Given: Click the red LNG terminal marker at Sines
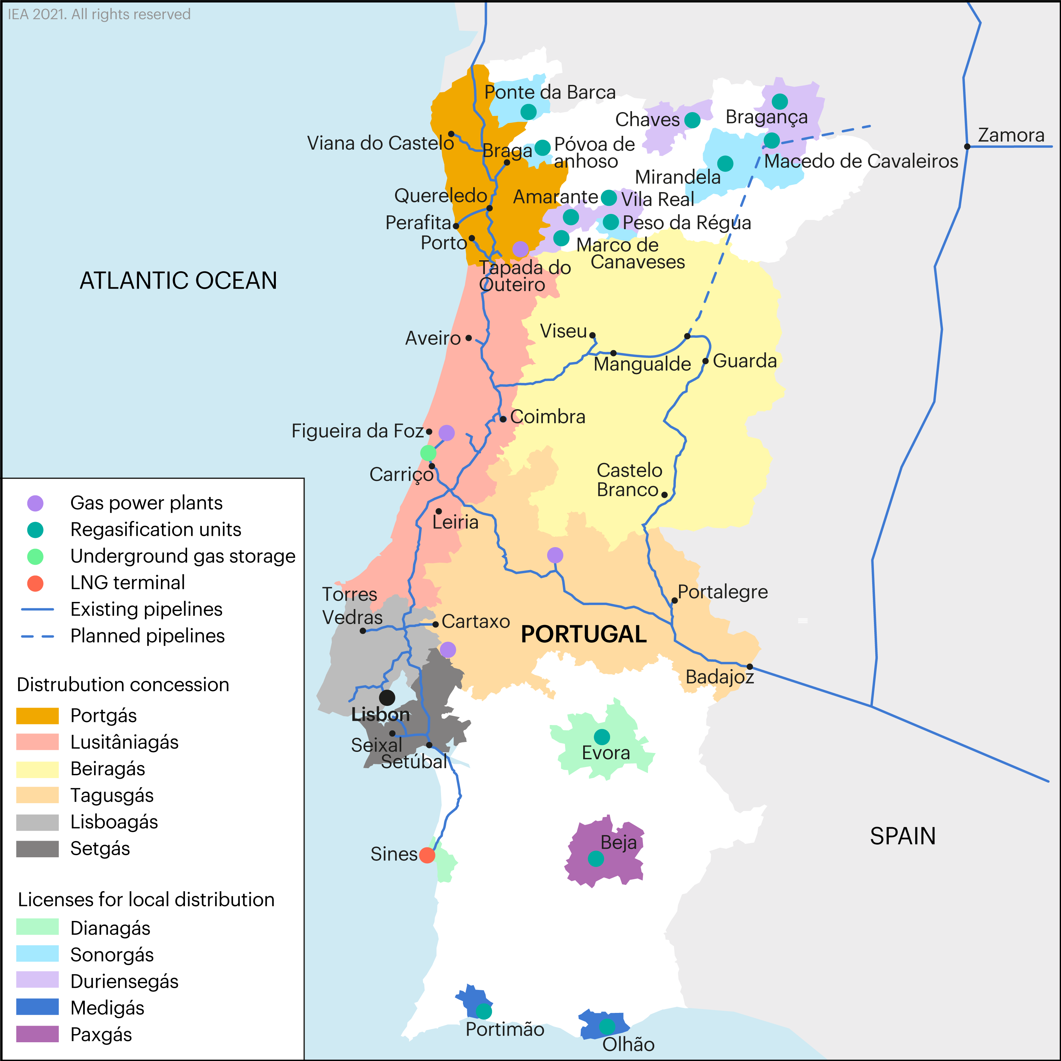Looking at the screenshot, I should coord(427,855).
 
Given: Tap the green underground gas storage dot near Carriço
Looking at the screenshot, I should coord(428,453).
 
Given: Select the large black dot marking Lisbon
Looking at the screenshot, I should coord(387,697).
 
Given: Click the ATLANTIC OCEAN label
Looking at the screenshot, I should coord(179,280).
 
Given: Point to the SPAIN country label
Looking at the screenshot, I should coord(902,836).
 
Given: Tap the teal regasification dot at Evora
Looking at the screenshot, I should coord(602,736).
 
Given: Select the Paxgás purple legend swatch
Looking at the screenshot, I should coord(37,1034).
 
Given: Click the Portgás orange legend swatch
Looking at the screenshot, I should coord(37,715).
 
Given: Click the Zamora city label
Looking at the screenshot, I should coord(1011,135).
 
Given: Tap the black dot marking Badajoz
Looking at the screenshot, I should coord(750,667).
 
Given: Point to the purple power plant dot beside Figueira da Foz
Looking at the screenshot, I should coord(446,433).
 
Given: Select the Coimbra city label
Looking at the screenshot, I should coord(547,417).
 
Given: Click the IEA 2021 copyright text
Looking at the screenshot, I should coord(99,14).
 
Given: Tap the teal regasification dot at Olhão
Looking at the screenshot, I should coord(607,1026).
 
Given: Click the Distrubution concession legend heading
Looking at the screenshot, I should coord(123,685).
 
